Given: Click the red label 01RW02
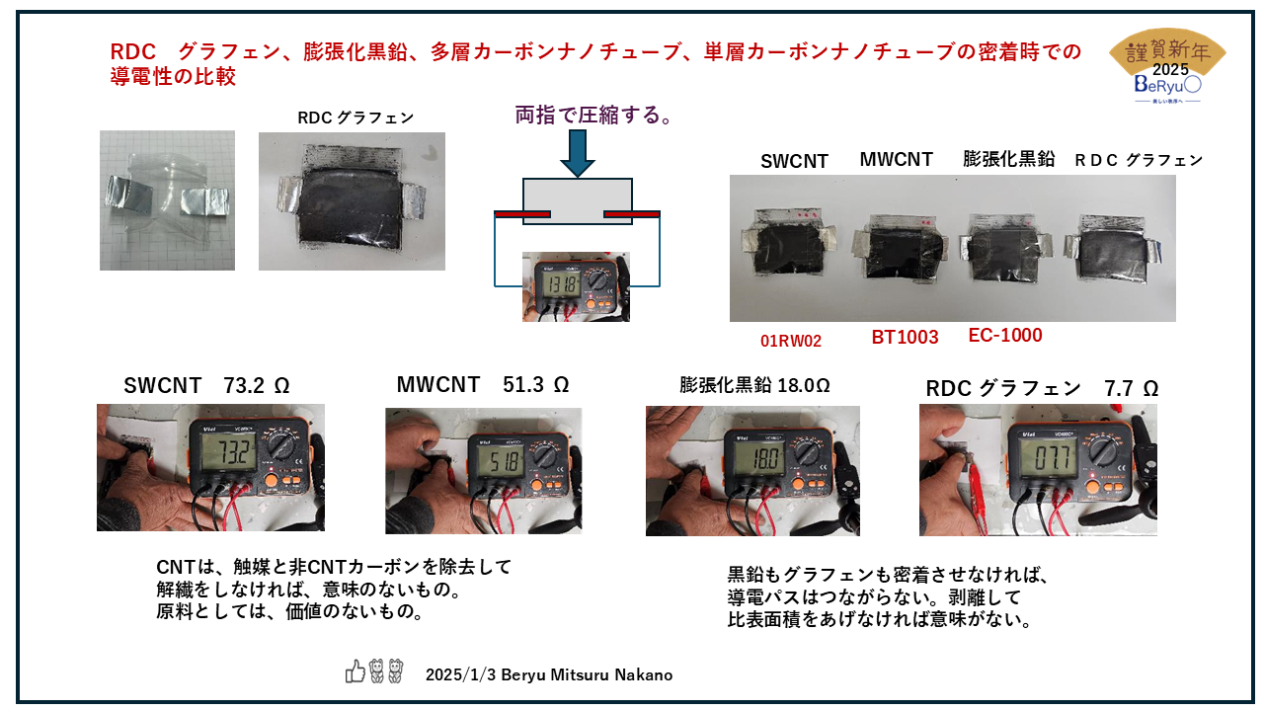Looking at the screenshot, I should coord(791,342).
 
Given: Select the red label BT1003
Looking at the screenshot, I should coord(905,338).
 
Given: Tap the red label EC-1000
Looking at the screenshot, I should coord(1005,336).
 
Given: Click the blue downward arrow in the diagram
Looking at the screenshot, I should coord(577,153).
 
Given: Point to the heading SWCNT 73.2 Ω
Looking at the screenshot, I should coord(206,386).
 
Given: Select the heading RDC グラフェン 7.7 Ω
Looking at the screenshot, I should coord(1042,389).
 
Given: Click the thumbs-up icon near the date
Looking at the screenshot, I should coord(355,672).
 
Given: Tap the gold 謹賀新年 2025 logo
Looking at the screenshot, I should coord(1168,66).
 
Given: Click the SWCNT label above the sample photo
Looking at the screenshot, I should coord(794,162).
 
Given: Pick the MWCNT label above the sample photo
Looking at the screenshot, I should coord(896,159).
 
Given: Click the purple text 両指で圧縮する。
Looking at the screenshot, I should coord(595,117).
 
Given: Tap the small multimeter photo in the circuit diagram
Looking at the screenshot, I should coord(576,286).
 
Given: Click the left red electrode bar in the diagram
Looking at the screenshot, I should coord(521,214).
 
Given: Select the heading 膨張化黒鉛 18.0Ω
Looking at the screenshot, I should coord(755,385).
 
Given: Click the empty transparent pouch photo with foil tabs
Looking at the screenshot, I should coord(167,200).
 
